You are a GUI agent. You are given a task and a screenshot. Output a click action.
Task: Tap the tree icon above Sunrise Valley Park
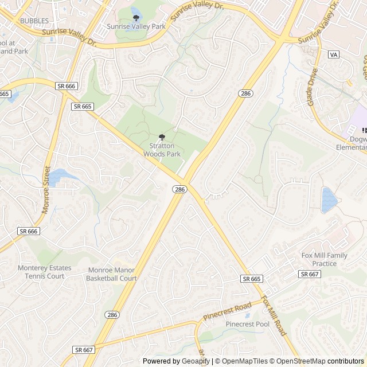136,18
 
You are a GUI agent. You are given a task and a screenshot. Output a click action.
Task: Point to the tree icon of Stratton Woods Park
162,137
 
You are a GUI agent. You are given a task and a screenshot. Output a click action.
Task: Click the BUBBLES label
35,21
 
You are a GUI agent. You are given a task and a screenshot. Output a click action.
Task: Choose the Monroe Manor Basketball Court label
111,274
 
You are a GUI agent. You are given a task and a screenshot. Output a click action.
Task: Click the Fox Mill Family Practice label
325,259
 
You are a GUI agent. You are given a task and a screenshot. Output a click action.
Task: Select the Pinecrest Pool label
247,324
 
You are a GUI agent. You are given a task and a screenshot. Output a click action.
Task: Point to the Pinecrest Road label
227,311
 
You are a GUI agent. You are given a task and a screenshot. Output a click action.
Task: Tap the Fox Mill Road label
274,315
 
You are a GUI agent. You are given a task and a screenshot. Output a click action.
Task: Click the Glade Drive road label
313,87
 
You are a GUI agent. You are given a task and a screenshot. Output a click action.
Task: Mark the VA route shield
333,54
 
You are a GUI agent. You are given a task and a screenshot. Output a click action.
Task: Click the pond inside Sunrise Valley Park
136,10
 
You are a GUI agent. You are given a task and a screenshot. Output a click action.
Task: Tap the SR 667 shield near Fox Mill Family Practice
309,274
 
